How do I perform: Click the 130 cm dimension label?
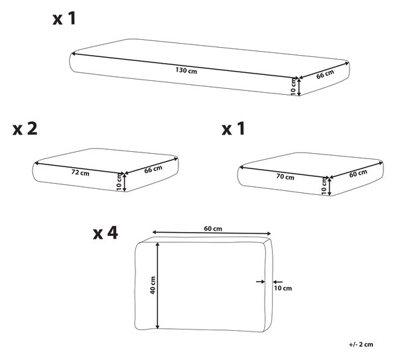pos(186,70)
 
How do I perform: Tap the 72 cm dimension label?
pos(80,172)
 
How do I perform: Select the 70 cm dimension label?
pos(285,176)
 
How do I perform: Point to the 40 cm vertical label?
pos(153,285)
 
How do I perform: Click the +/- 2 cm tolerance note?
pos(361,344)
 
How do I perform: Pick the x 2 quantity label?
pos(25,129)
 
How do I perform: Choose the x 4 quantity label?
pos(105,233)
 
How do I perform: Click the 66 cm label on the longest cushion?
pos(325,74)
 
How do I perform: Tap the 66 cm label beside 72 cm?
pos(153,169)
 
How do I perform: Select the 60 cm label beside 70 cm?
pos(358,173)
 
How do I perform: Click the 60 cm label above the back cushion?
pos(213,229)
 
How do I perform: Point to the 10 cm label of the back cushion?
pos(283,288)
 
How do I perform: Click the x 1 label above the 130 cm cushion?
pos(64,19)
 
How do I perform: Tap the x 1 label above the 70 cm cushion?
pos(233,129)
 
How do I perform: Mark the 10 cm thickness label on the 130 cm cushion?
pos(293,87)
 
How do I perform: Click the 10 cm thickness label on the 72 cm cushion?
pos(119,182)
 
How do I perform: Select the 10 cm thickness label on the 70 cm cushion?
pos(324,186)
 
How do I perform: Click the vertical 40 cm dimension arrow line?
pos(158,286)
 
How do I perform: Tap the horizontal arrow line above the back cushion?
pos(212,233)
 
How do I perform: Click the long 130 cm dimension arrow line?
pos(185,66)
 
